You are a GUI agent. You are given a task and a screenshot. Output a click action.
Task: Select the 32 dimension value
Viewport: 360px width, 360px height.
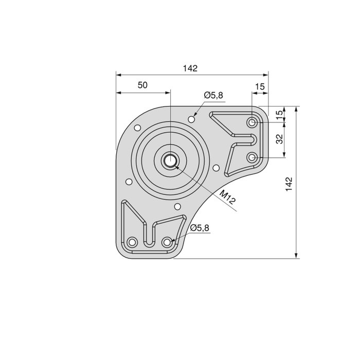pyautogui.click(x=279, y=139)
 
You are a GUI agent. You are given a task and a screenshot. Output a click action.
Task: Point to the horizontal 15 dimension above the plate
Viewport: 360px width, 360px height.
pyautogui.click(x=260, y=87)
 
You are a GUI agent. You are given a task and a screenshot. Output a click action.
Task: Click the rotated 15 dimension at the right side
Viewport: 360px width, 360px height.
pyautogui.click(x=279, y=114)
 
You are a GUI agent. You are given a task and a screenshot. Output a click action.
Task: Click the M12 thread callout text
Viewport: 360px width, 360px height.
pyautogui.click(x=226, y=197)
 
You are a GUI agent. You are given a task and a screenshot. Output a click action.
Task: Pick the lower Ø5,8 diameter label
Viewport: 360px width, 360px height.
pyautogui.click(x=200, y=228)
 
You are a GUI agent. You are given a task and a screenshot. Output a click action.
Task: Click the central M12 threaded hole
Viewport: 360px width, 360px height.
pyautogui.click(x=169, y=160)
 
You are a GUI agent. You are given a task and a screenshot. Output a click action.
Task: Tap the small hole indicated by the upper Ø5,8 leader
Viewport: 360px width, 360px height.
pyautogui.click(x=192, y=119)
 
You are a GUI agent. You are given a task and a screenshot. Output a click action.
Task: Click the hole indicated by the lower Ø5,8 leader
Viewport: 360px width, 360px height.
pyautogui.click(x=167, y=242)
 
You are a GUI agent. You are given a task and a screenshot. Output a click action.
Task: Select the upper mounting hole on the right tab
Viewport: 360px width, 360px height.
pyautogui.click(x=253, y=123)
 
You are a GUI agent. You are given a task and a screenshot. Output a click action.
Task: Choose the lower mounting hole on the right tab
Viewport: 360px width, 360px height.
pyautogui.click(x=252, y=157)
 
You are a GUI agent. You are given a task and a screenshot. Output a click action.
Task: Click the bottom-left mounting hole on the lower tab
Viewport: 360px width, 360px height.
pyautogui.click(x=132, y=242)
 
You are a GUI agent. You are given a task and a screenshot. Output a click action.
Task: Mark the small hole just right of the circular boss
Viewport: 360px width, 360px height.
pyautogui.click(x=216, y=168)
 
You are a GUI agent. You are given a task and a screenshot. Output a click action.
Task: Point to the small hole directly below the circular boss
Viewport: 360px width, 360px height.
pyautogui.click(x=177, y=207)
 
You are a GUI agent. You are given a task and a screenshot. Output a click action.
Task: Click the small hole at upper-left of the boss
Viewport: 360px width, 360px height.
pyautogui.click(x=137, y=128)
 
